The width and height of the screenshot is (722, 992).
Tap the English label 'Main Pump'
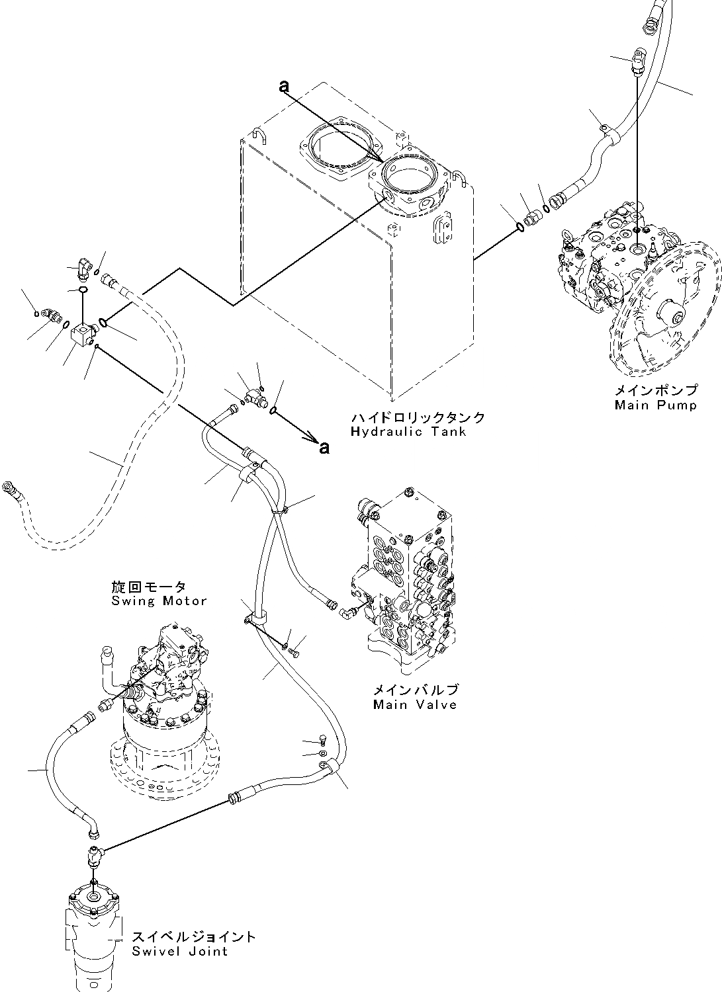point(655,405)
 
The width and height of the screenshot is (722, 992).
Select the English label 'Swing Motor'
point(159,601)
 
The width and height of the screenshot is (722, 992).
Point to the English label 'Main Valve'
point(415,704)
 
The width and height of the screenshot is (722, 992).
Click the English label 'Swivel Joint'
point(179,952)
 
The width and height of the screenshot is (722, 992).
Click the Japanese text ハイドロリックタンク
point(418,418)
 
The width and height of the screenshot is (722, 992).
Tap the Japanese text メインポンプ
point(656,392)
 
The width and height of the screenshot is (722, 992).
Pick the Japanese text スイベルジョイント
point(193,937)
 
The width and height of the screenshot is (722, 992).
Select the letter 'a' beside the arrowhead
point(324,448)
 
